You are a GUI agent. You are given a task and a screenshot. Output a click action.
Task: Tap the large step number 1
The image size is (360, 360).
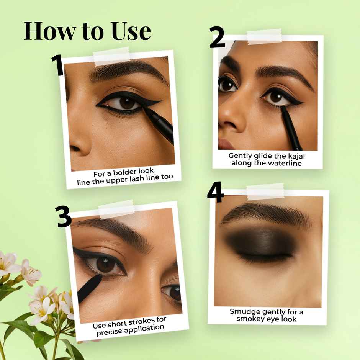pyautogui.click(x=57, y=65)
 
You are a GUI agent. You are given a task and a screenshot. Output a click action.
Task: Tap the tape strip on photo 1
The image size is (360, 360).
pyautogui.click(x=111, y=56)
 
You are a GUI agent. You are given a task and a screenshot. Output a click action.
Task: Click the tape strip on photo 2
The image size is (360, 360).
pyautogui.click(x=264, y=36)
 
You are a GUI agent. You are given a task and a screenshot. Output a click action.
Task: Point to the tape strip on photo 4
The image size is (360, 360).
pyautogui.click(x=265, y=191)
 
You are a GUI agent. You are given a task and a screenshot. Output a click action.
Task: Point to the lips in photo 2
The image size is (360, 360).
pyautogui.click(x=226, y=144)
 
